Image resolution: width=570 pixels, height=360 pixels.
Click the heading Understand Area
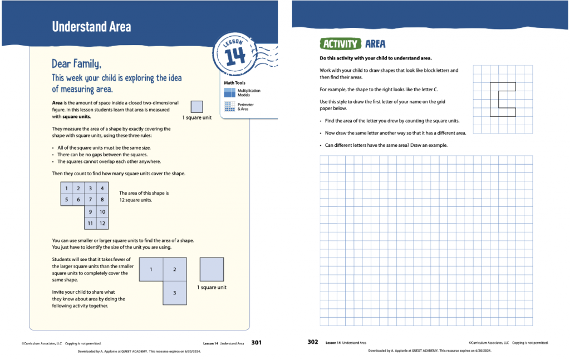click(91, 27)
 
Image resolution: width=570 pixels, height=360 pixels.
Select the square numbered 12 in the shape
click(102, 224)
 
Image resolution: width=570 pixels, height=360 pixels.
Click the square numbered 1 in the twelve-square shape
click(67, 189)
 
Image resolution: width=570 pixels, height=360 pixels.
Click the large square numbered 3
click(175, 293)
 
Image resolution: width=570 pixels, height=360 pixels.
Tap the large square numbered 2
click(175, 269)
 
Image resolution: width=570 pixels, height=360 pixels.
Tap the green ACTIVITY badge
click(339, 44)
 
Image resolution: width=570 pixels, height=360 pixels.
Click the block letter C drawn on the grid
click(502, 100)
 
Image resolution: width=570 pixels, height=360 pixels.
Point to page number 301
click(257, 343)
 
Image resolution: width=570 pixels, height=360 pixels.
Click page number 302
click(313, 342)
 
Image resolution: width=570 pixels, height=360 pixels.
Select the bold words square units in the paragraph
click(76, 117)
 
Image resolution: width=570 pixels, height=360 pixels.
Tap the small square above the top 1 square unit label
click(196, 107)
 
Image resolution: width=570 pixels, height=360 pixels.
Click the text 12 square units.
click(136, 200)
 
